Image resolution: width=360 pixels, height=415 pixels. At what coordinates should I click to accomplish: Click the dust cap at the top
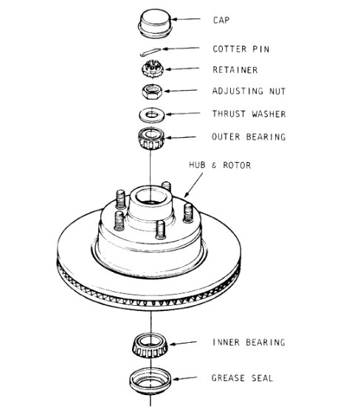coord(151,22)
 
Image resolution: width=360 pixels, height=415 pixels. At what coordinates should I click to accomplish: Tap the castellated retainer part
coord(151,72)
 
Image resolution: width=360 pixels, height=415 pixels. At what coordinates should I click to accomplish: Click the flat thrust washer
coord(151,115)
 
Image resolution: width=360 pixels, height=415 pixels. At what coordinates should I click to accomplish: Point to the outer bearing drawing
coord(151,137)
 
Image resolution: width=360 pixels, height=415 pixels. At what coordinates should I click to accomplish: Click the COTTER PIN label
coord(240,49)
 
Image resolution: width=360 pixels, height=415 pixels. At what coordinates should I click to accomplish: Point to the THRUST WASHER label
coord(249,114)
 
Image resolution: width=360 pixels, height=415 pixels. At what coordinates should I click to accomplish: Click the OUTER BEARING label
coord(249,136)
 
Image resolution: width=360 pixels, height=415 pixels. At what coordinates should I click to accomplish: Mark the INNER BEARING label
coord(249,343)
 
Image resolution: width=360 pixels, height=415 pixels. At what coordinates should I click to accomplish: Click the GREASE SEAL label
coord(243,378)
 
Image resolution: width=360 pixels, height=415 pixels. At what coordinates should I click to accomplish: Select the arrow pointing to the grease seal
coord(189,379)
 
